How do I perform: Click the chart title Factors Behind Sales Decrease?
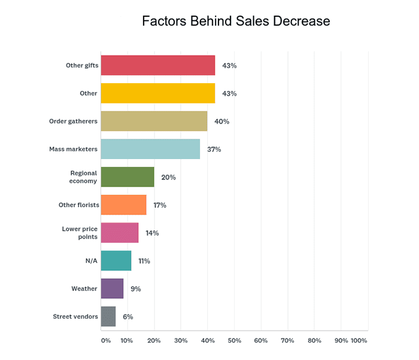(235, 22)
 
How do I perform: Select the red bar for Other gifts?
(157, 65)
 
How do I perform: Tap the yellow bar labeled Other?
(157, 93)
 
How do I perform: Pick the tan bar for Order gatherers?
(154, 121)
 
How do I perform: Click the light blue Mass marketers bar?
(150, 149)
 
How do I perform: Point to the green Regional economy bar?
(127, 177)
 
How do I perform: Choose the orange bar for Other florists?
(123, 205)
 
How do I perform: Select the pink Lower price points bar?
(120, 233)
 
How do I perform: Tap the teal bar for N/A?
(116, 261)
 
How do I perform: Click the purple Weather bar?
(112, 289)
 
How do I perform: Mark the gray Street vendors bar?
(108, 316)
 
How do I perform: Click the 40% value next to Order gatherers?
(221, 121)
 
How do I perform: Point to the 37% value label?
(214, 149)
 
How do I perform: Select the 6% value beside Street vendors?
(127, 316)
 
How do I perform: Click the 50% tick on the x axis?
(234, 340)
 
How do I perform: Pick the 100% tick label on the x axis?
(359, 340)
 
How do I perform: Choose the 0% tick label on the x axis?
(105, 340)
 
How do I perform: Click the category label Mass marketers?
(74, 149)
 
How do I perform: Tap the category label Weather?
(84, 289)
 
